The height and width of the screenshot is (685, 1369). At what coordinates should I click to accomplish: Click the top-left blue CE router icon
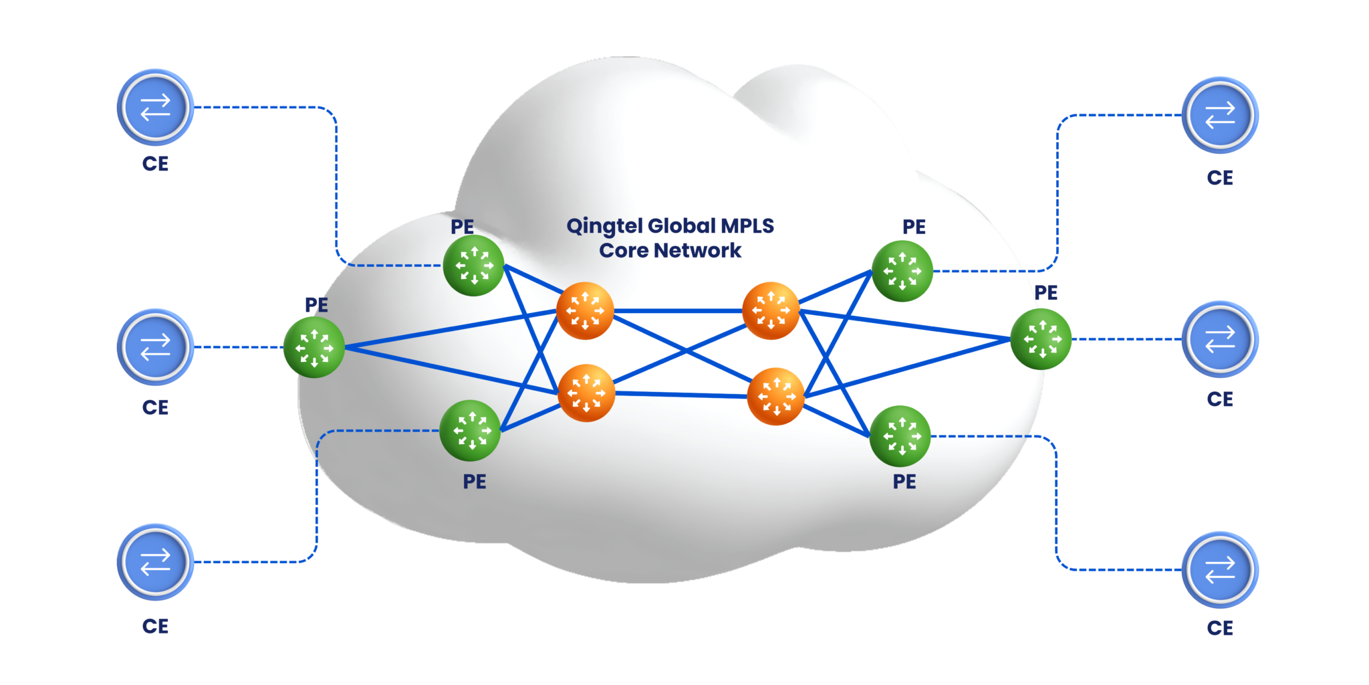(155, 107)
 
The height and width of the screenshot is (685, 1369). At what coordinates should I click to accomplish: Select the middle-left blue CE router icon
(155, 347)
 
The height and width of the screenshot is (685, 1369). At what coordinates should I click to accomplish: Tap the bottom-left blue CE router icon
(155, 561)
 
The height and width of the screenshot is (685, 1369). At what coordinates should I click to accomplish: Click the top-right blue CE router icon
(1220, 115)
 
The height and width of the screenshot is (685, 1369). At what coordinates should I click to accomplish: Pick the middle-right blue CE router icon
(1220, 339)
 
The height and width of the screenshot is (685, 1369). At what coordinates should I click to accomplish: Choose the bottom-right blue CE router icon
(1220, 570)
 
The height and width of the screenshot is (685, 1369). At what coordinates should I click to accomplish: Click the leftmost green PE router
(314, 347)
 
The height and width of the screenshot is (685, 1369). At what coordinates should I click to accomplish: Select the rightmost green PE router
(1041, 339)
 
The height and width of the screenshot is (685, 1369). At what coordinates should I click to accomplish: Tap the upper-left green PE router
(473, 266)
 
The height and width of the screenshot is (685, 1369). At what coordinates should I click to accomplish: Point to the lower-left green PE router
(471, 431)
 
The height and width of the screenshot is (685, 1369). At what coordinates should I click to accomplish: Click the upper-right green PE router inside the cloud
(902, 271)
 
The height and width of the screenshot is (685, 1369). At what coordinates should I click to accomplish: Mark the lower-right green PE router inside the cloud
(900, 436)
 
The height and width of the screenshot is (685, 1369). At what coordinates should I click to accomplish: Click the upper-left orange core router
(585, 310)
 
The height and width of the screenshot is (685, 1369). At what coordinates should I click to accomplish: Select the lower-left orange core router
(586, 393)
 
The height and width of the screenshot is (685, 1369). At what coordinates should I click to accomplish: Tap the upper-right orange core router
(771, 310)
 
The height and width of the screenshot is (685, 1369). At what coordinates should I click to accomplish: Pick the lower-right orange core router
(775, 396)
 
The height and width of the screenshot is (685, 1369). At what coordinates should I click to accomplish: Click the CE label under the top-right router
(1220, 178)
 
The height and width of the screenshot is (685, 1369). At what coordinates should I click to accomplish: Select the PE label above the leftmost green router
(316, 305)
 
